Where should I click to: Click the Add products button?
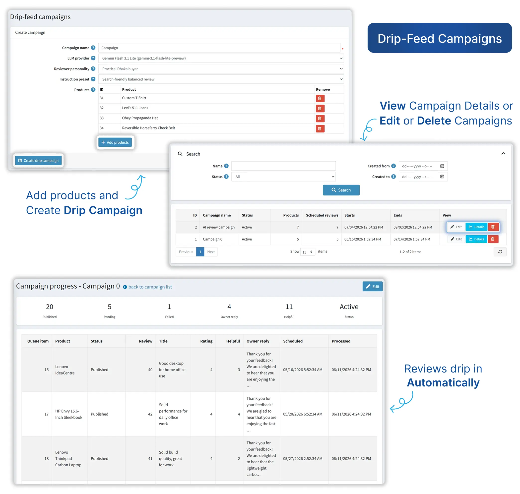tap(115, 142)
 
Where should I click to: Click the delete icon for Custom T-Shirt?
tap(320, 98)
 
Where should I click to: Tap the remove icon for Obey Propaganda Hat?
tap(320, 119)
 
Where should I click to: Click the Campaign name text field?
tap(219, 48)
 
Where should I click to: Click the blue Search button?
tap(341, 190)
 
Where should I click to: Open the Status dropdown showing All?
tap(283, 177)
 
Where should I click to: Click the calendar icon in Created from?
tap(442, 166)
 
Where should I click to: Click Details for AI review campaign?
tap(476, 227)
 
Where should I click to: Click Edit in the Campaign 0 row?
tap(456, 239)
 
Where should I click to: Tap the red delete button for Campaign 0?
tap(493, 239)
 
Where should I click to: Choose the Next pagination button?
tap(211, 252)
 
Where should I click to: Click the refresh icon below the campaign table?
tap(500, 252)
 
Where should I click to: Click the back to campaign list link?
tap(150, 287)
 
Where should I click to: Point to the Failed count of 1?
tap(169, 307)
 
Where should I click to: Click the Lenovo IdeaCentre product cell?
tap(65, 370)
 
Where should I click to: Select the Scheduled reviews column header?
tap(322, 215)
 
